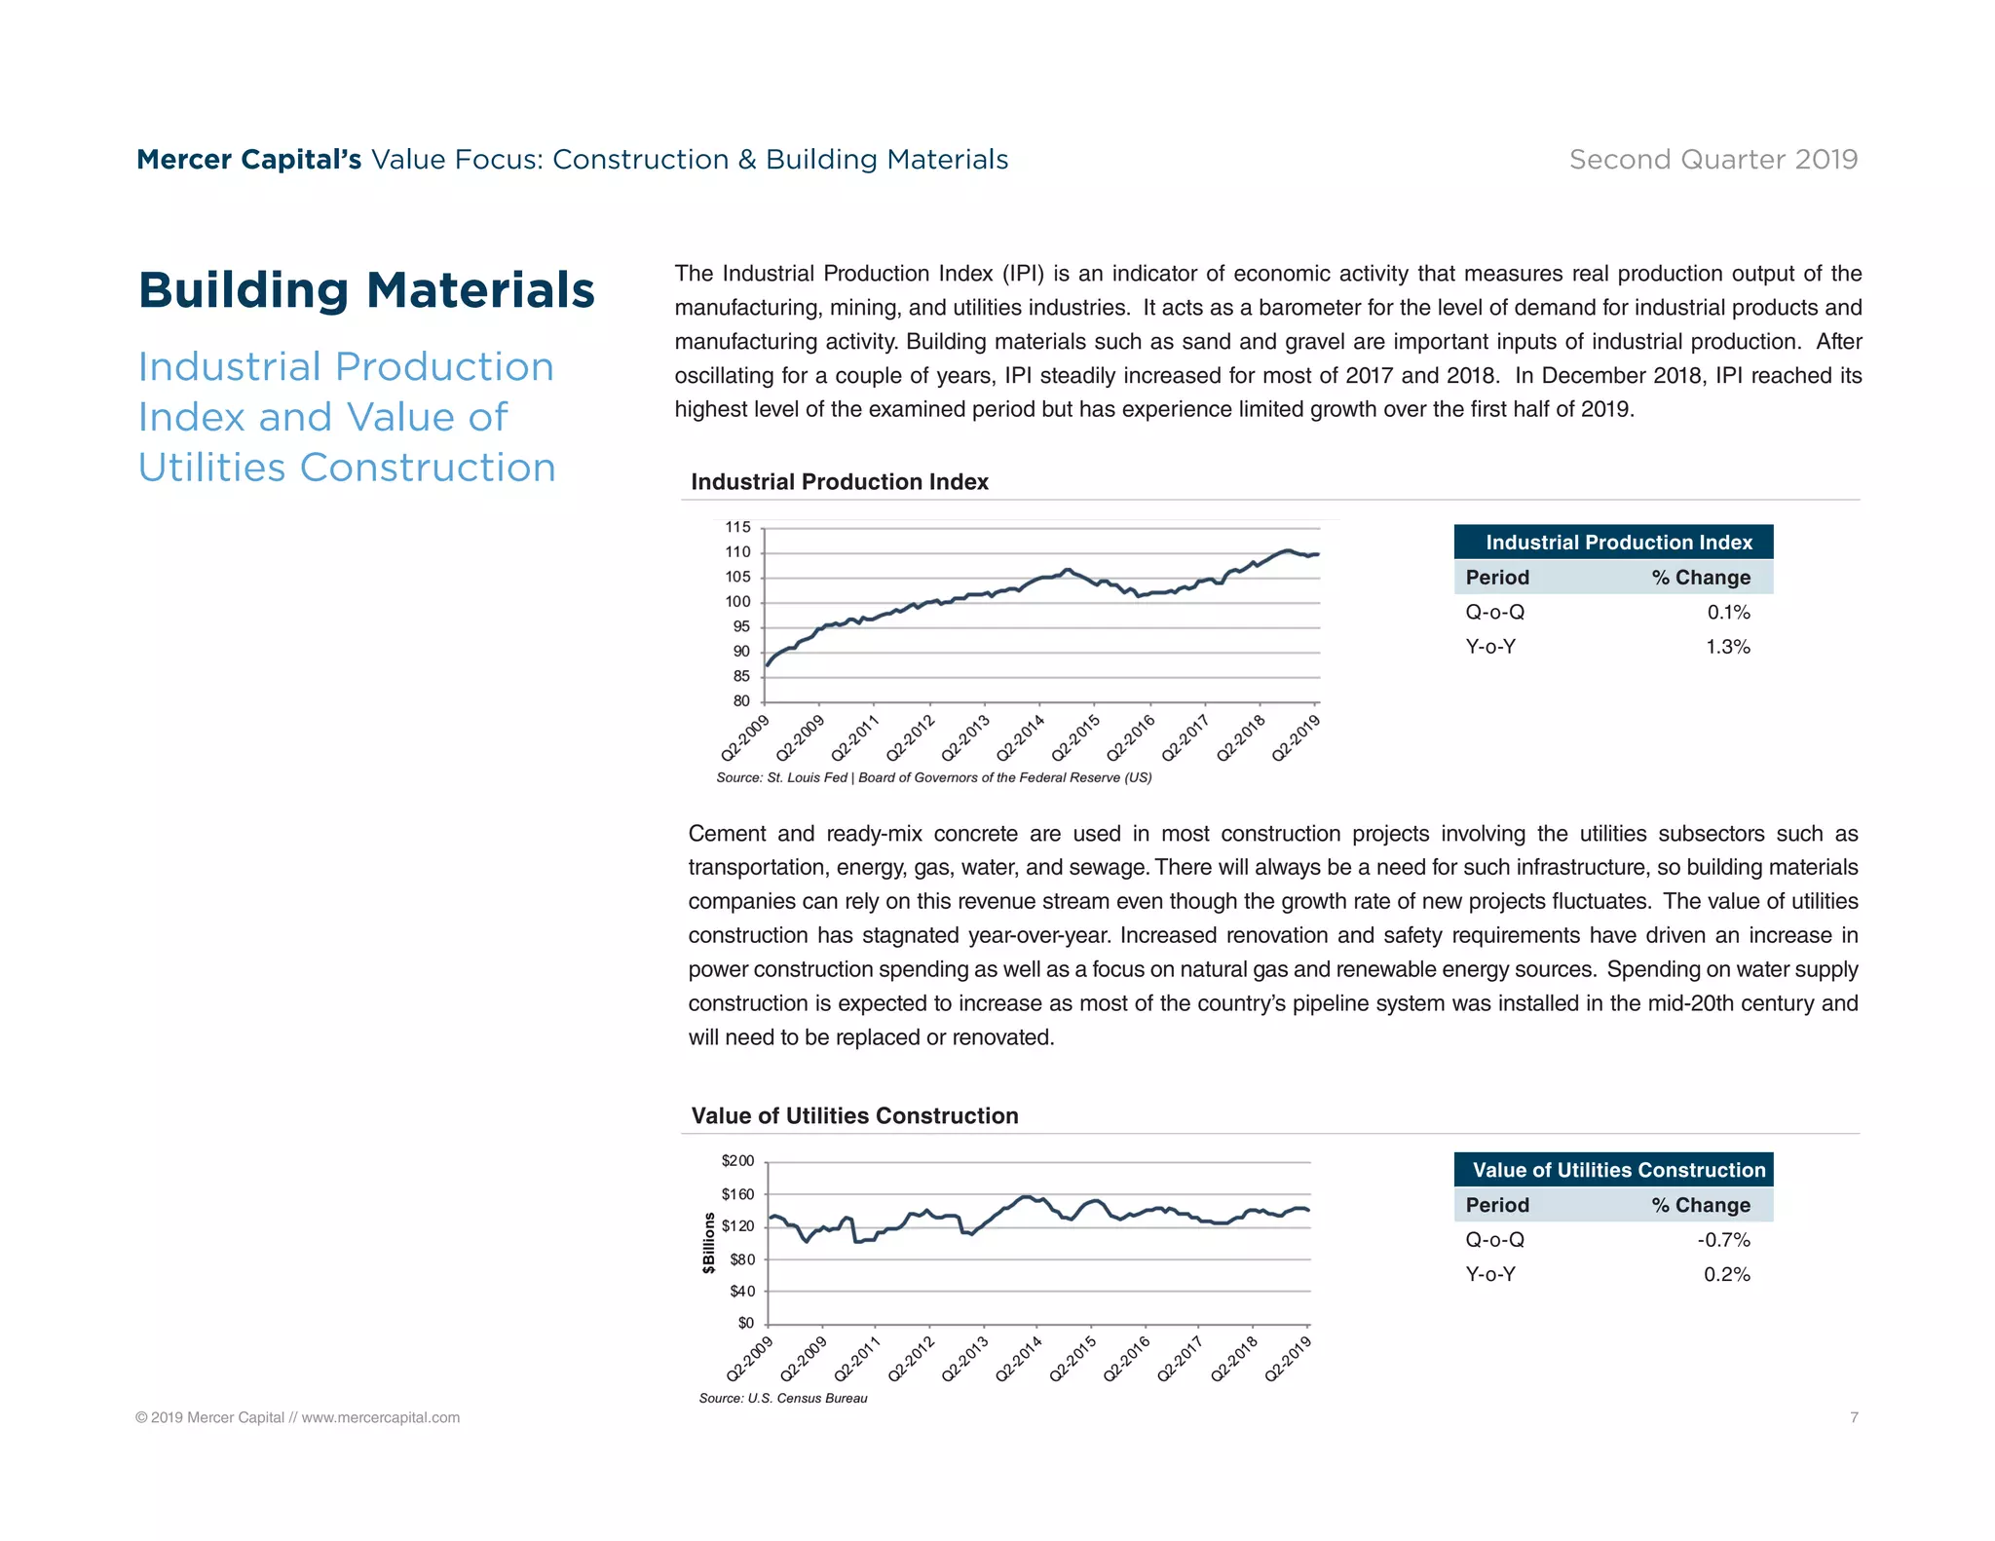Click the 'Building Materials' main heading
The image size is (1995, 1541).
[x=366, y=290]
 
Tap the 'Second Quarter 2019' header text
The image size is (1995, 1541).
[x=1713, y=160]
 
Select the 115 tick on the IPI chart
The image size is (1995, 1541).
[x=737, y=528]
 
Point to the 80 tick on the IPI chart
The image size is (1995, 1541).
[x=741, y=701]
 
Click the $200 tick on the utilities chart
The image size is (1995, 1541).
[x=737, y=1161]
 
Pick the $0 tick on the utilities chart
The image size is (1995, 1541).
[x=745, y=1323]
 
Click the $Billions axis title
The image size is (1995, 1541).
[x=709, y=1243]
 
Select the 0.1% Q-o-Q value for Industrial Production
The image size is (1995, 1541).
[x=1728, y=613]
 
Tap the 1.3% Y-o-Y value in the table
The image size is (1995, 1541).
[x=1727, y=647]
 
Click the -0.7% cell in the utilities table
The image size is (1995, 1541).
[x=1723, y=1240]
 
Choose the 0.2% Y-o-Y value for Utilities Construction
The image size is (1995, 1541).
[x=1726, y=1275]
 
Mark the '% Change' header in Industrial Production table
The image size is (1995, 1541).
[x=1700, y=578]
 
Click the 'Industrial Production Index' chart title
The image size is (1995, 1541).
[x=839, y=482]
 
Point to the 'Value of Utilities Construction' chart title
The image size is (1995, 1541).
[x=854, y=1116]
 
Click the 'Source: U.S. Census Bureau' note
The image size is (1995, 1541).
[x=782, y=1399]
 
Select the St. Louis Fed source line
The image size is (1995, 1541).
[x=933, y=778]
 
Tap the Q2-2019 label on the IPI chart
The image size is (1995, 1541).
[x=1297, y=737]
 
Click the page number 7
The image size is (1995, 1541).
[x=1854, y=1417]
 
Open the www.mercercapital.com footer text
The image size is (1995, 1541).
[x=380, y=1418]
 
